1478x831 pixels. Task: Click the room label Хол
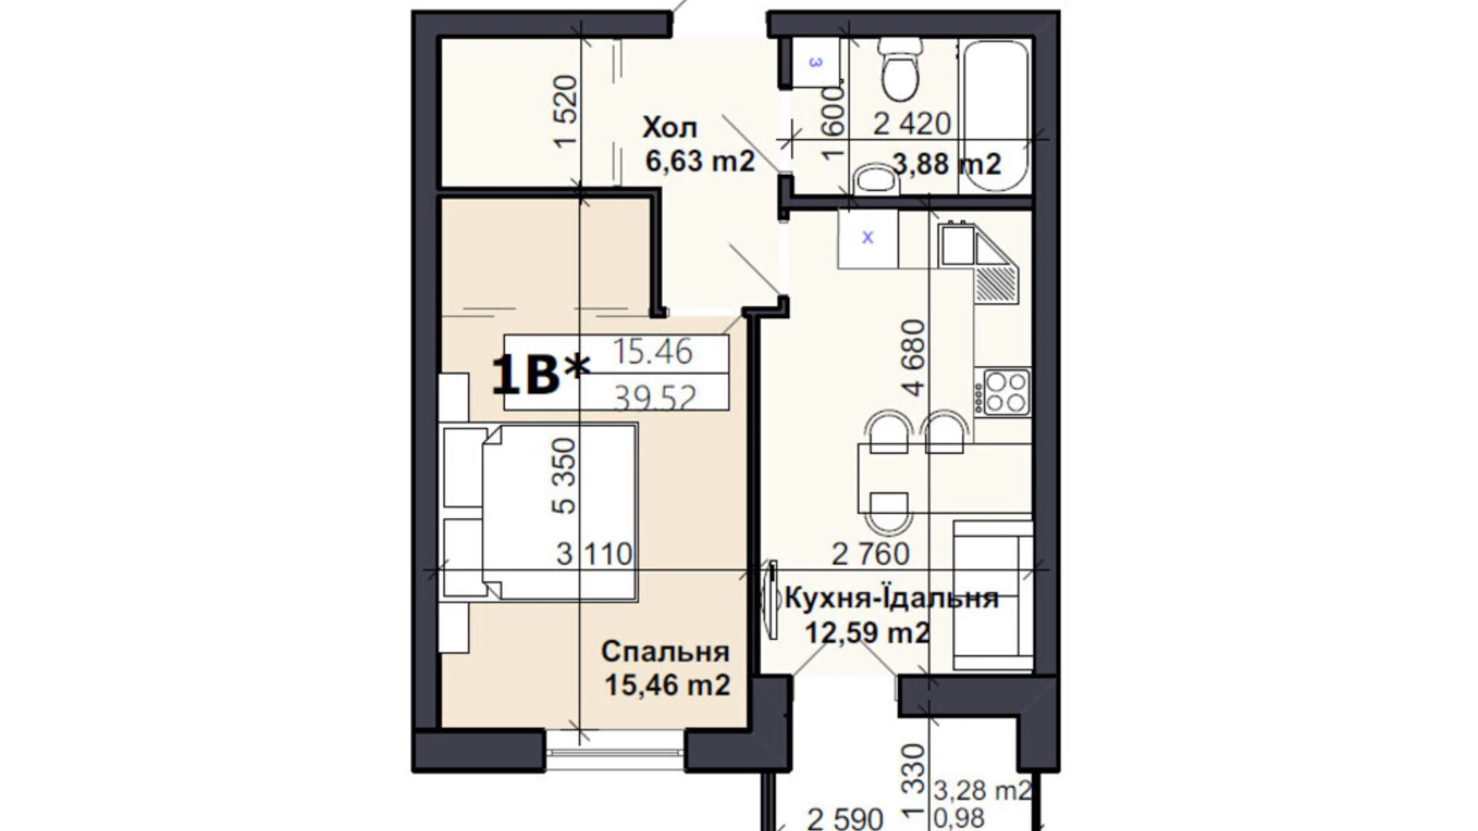pyautogui.click(x=669, y=127)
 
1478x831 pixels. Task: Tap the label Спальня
pyautogui.click(x=665, y=651)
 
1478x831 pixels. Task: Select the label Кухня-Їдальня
pyautogui.click(x=892, y=598)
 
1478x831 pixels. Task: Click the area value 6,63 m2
pyautogui.click(x=700, y=161)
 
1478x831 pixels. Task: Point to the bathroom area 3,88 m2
pyautogui.click(x=947, y=164)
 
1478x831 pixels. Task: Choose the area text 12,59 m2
pyautogui.click(x=867, y=633)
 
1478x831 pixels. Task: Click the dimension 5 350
pyautogui.click(x=564, y=475)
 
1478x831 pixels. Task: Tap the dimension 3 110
pyautogui.click(x=594, y=554)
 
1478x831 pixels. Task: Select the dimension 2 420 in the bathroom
pyautogui.click(x=912, y=124)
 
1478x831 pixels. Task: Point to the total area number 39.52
pyautogui.click(x=655, y=397)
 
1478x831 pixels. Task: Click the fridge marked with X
pyautogui.click(x=868, y=238)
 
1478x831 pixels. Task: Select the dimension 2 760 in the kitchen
pyautogui.click(x=871, y=553)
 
